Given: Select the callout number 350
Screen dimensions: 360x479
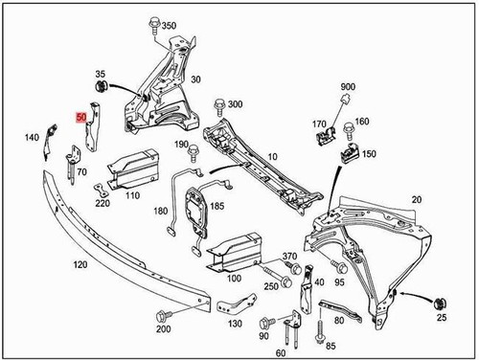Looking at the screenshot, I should pyautogui.click(x=170, y=25).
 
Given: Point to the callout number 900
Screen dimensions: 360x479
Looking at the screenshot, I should pyautogui.click(x=347, y=87).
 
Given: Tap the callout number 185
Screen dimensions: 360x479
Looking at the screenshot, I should pyautogui.click(x=217, y=205).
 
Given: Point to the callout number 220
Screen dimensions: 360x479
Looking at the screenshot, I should pyautogui.click(x=103, y=202).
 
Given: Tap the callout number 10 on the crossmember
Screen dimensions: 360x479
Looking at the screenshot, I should pyautogui.click(x=273, y=156).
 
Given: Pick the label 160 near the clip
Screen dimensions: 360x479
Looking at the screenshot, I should pyautogui.click(x=361, y=122).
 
